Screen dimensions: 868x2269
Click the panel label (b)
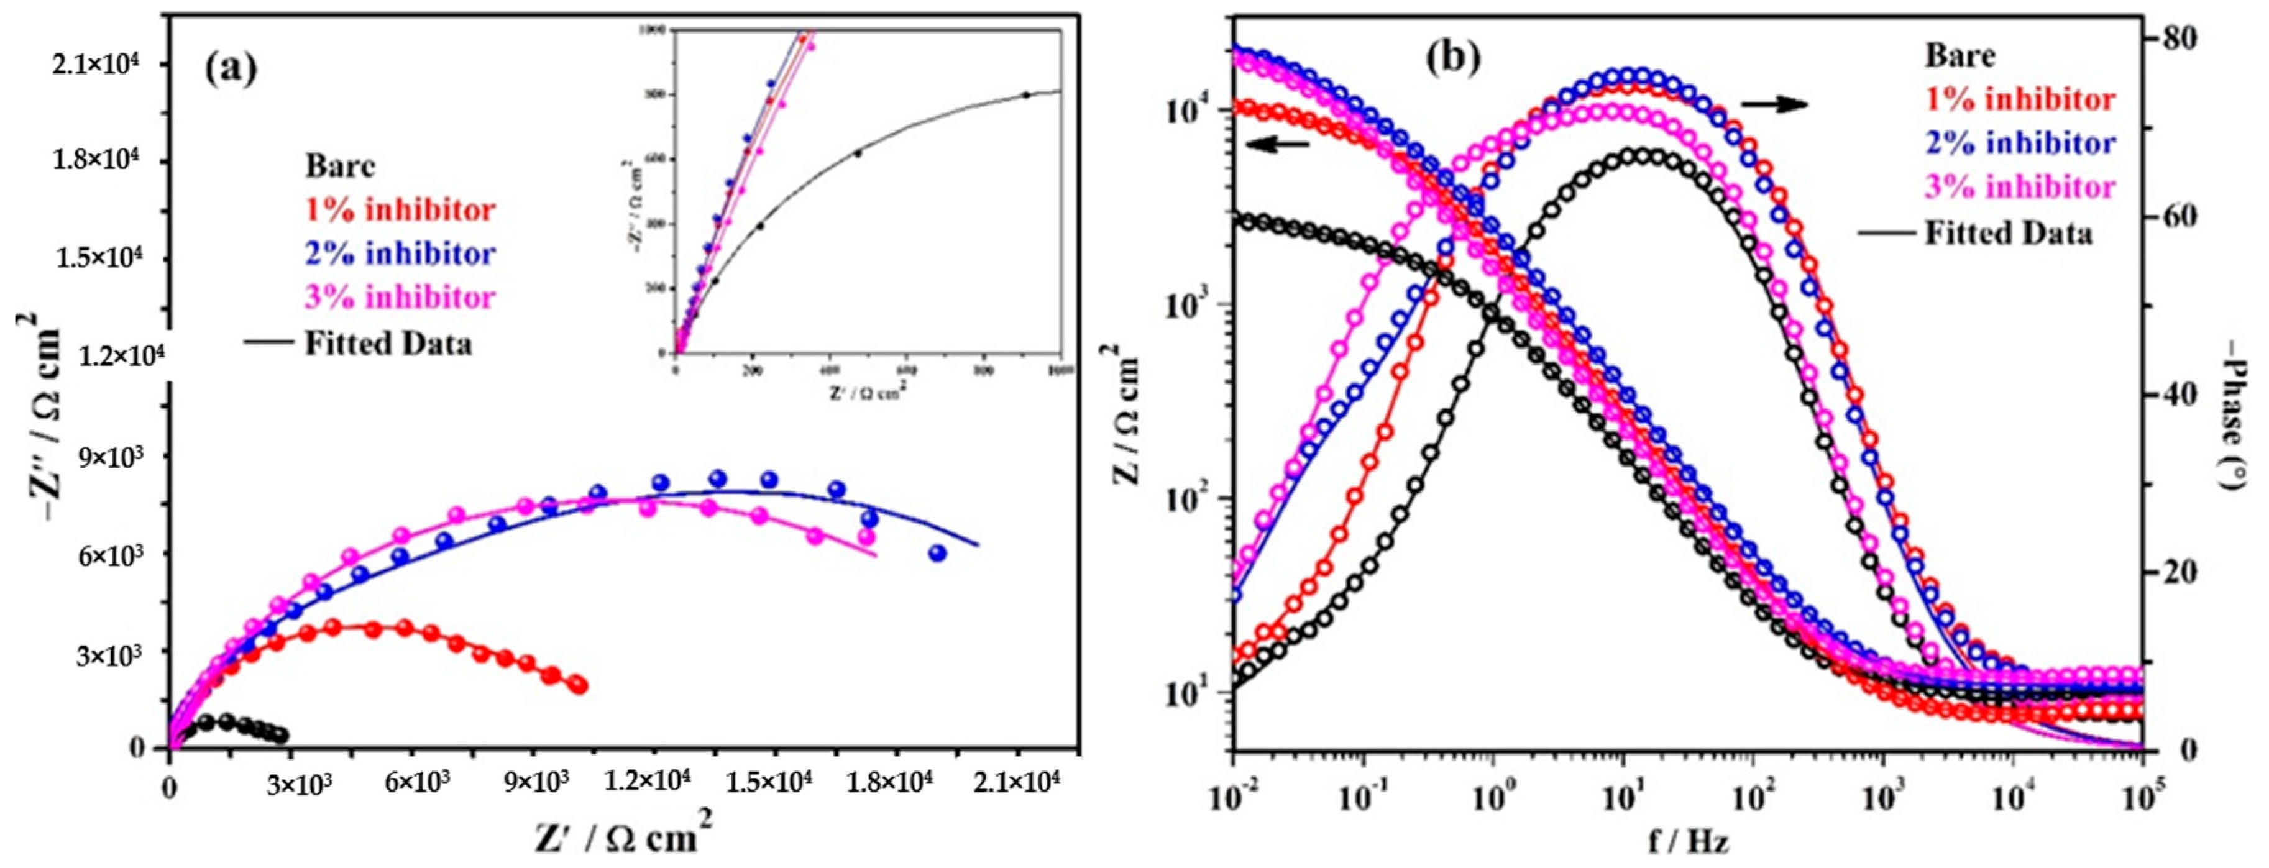point(1454,57)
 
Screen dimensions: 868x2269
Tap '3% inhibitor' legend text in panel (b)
point(2020,188)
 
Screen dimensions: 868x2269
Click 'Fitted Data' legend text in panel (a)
point(388,344)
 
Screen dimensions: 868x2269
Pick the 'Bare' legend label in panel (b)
point(1960,55)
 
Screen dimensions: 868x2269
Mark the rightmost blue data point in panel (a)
point(937,553)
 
